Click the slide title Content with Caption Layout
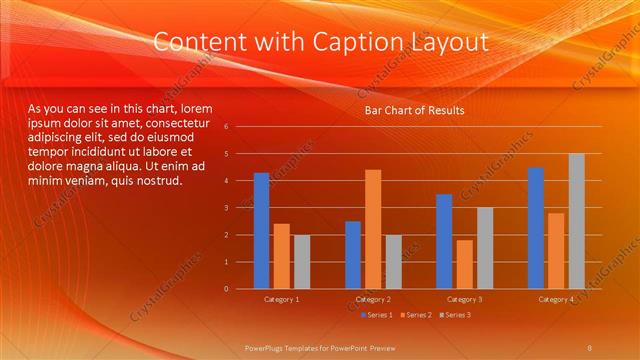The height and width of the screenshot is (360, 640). click(321, 42)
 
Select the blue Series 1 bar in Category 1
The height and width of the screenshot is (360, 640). click(261, 231)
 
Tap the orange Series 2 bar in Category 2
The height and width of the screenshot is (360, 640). click(372, 229)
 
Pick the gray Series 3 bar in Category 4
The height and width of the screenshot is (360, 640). click(576, 221)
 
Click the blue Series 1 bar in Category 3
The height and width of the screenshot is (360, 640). click(444, 241)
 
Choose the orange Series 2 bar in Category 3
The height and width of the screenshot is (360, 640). click(464, 264)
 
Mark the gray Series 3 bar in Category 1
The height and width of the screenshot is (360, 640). click(301, 262)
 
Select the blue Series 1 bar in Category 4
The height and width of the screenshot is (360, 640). click(536, 228)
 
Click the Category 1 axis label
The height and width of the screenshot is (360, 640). click(281, 299)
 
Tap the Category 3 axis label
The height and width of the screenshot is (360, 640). click(464, 299)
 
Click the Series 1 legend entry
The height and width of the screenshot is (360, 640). click(375, 315)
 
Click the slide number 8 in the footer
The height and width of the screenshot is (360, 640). click(590, 346)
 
